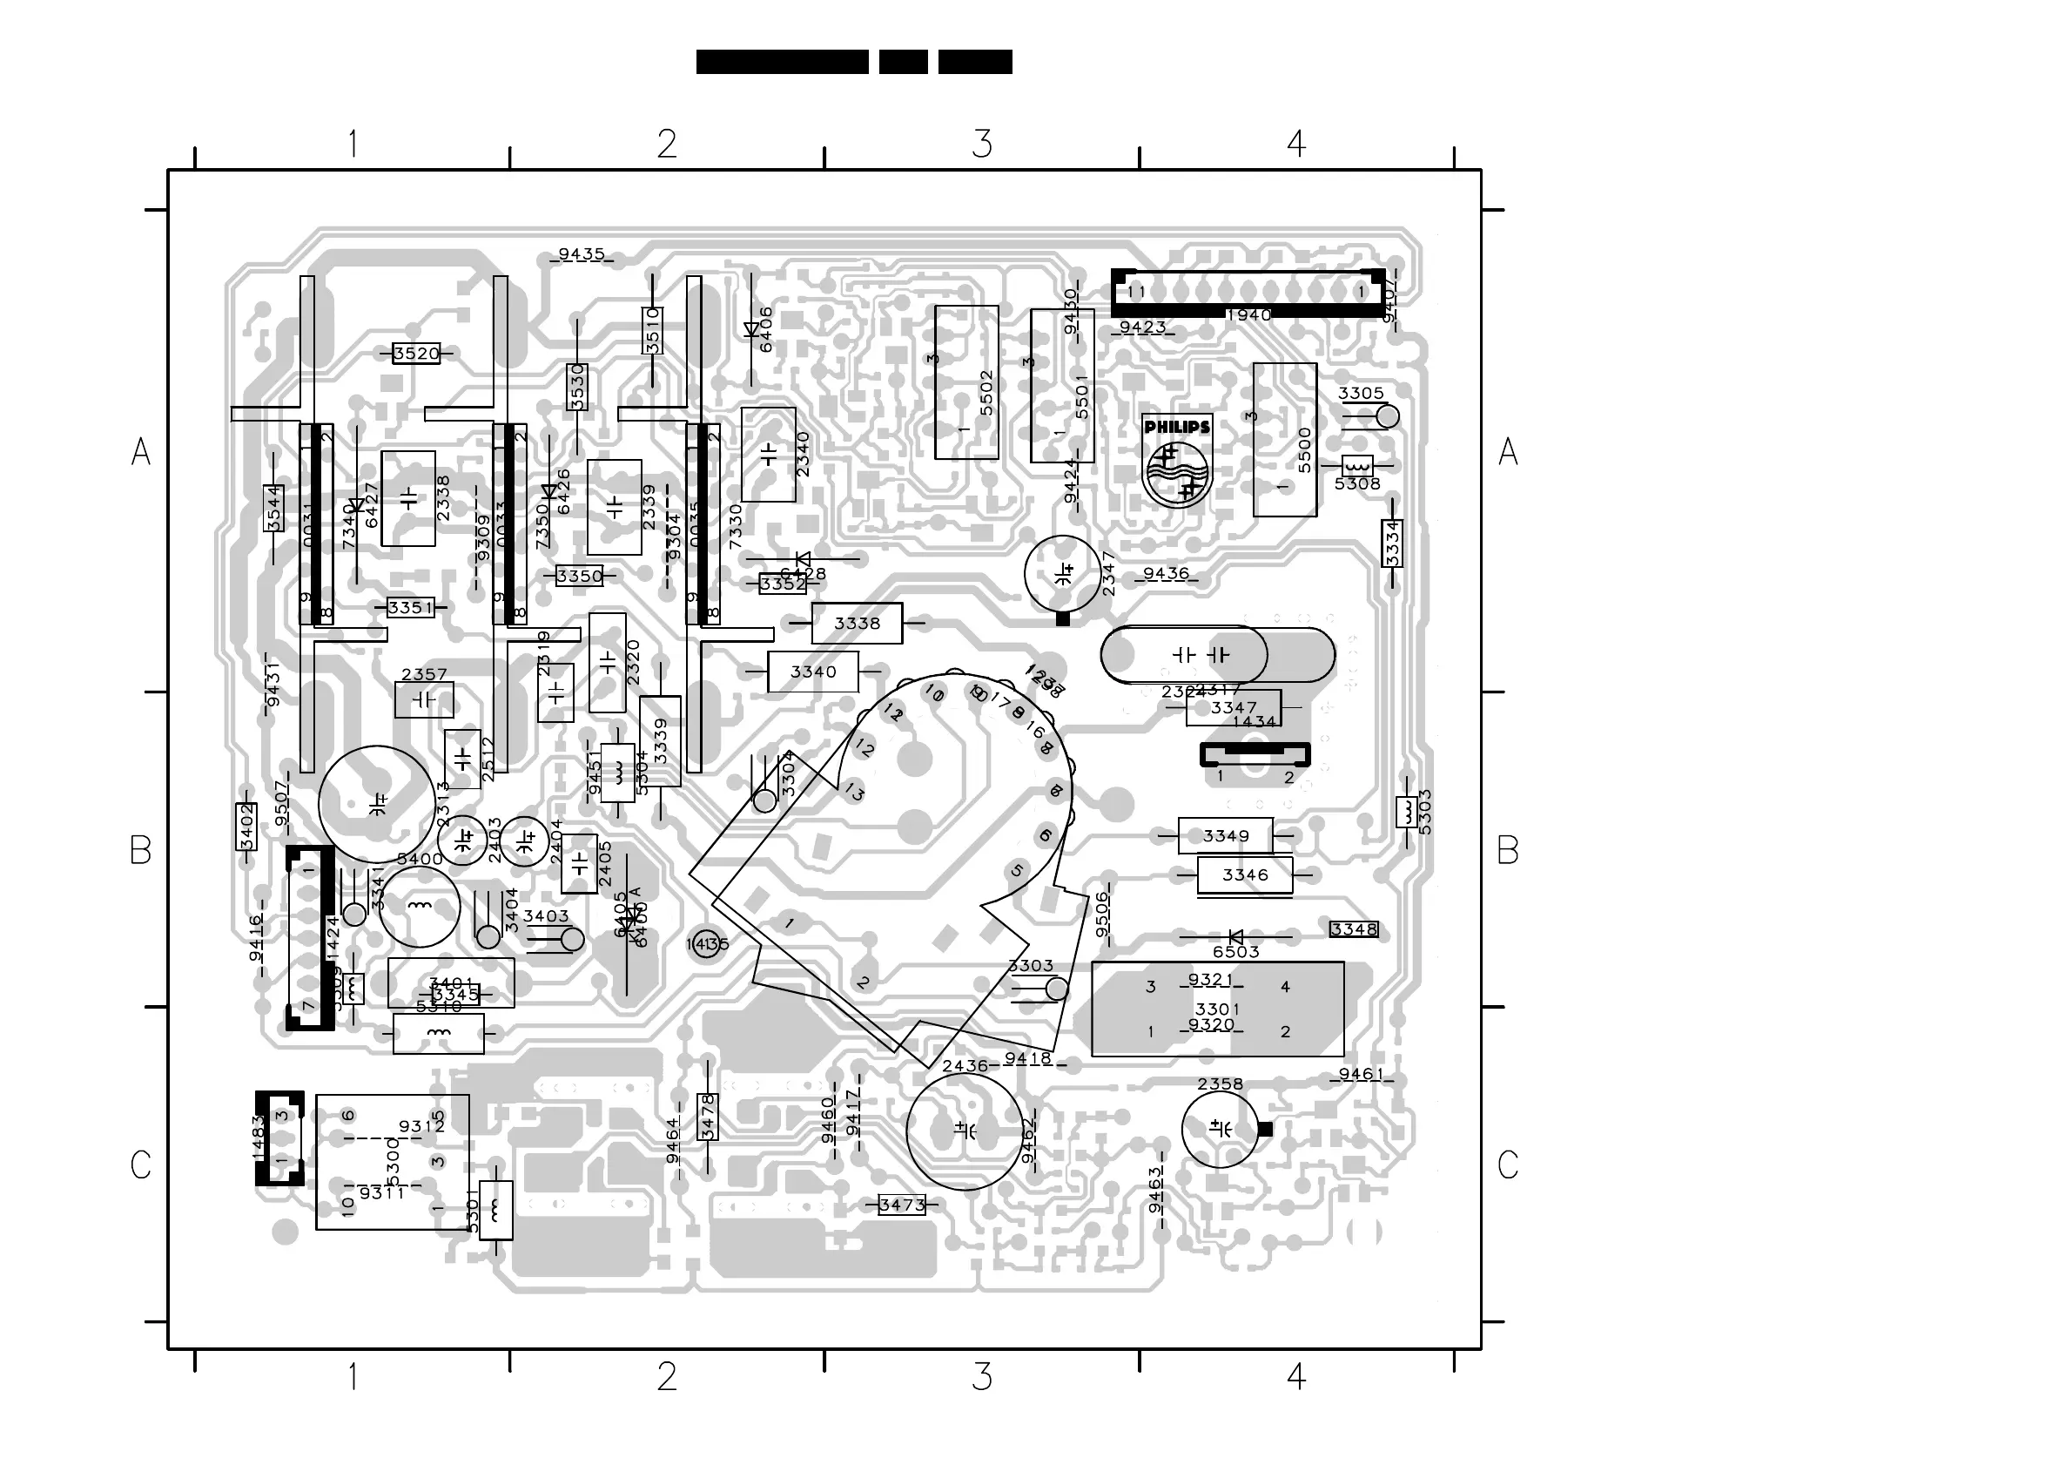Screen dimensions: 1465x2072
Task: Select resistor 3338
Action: pyautogui.click(x=857, y=623)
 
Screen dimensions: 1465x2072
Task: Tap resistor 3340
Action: pyautogui.click(x=812, y=672)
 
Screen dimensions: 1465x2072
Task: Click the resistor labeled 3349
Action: pyautogui.click(x=1225, y=836)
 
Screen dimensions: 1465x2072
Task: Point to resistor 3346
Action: pyautogui.click(x=1244, y=874)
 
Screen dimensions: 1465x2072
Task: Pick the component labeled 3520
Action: pyautogui.click(x=416, y=354)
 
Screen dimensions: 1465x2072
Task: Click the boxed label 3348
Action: pyautogui.click(x=1354, y=928)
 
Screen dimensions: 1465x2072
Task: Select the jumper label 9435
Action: pyautogui.click(x=582, y=254)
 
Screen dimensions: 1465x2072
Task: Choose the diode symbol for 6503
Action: pyautogui.click(x=1235, y=937)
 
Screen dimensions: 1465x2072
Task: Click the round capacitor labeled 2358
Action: pyautogui.click(x=1219, y=1129)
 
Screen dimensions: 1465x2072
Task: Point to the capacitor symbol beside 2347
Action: pyautogui.click(x=1063, y=572)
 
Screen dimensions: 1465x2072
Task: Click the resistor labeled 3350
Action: pyautogui.click(x=579, y=576)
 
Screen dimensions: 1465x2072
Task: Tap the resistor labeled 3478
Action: pyautogui.click(x=708, y=1117)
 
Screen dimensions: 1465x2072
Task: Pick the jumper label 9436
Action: pyautogui.click(x=1166, y=574)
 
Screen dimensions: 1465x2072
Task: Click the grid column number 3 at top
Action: pyautogui.click(x=982, y=144)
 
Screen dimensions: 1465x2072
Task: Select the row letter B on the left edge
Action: pyautogui.click(x=141, y=850)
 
